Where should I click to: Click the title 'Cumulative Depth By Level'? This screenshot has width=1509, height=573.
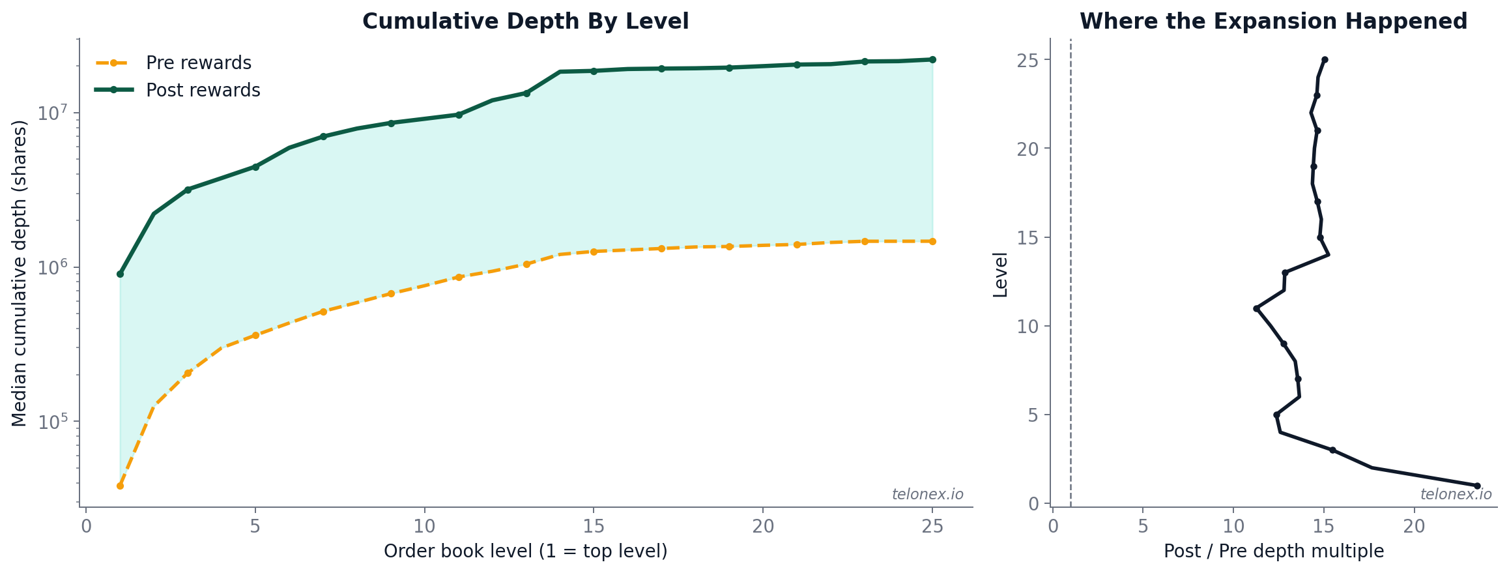(525, 22)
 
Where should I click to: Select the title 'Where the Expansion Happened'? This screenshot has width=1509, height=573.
(1273, 22)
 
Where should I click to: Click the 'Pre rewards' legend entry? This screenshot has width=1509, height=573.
(198, 63)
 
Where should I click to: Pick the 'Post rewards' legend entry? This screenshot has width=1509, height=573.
(203, 91)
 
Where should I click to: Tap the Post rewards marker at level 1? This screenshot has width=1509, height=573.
(120, 274)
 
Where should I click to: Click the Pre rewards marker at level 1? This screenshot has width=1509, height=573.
(120, 486)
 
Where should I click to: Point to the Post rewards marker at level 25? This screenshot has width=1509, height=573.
(932, 59)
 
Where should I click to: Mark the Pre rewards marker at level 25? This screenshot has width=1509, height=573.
(932, 241)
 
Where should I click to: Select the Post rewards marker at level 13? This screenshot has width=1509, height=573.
(526, 93)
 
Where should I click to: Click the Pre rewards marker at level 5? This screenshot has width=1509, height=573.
(255, 335)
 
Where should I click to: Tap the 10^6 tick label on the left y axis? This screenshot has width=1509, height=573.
(53, 268)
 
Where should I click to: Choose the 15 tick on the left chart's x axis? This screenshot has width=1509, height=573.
(594, 526)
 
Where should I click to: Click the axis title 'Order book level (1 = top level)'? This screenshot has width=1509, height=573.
(525, 551)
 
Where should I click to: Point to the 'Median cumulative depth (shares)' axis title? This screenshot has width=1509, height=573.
(20, 273)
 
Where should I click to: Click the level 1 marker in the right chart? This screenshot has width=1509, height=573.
(1477, 486)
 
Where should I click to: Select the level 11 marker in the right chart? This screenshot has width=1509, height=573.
(1256, 308)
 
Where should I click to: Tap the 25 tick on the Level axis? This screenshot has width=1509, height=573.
(1028, 60)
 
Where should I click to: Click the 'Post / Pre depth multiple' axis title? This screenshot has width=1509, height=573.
(1273, 551)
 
